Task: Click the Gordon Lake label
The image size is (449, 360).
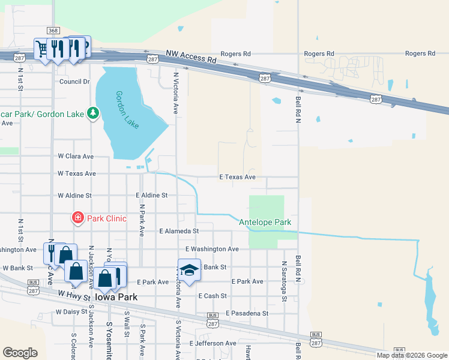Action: tap(127, 110)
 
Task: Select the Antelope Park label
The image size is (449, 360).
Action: tap(265, 222)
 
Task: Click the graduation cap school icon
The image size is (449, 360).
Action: tap(189, 269)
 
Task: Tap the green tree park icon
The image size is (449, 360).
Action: tap(92, 113)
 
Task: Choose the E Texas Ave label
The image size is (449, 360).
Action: tap(237, 177)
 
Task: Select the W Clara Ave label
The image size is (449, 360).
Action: tap(76, 156)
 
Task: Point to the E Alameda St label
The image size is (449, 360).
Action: tap(179, 231)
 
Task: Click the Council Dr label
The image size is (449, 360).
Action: tap(74, 82)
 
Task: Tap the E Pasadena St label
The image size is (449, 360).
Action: tap(247, 313)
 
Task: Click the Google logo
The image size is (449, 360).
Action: tap(20, 353)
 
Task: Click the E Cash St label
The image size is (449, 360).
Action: tap(212, 296)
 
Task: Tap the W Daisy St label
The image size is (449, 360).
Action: tap(71, 312)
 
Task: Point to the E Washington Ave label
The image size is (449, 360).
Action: tap(212, 249)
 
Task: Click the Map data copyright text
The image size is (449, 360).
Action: tap(412, 355)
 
